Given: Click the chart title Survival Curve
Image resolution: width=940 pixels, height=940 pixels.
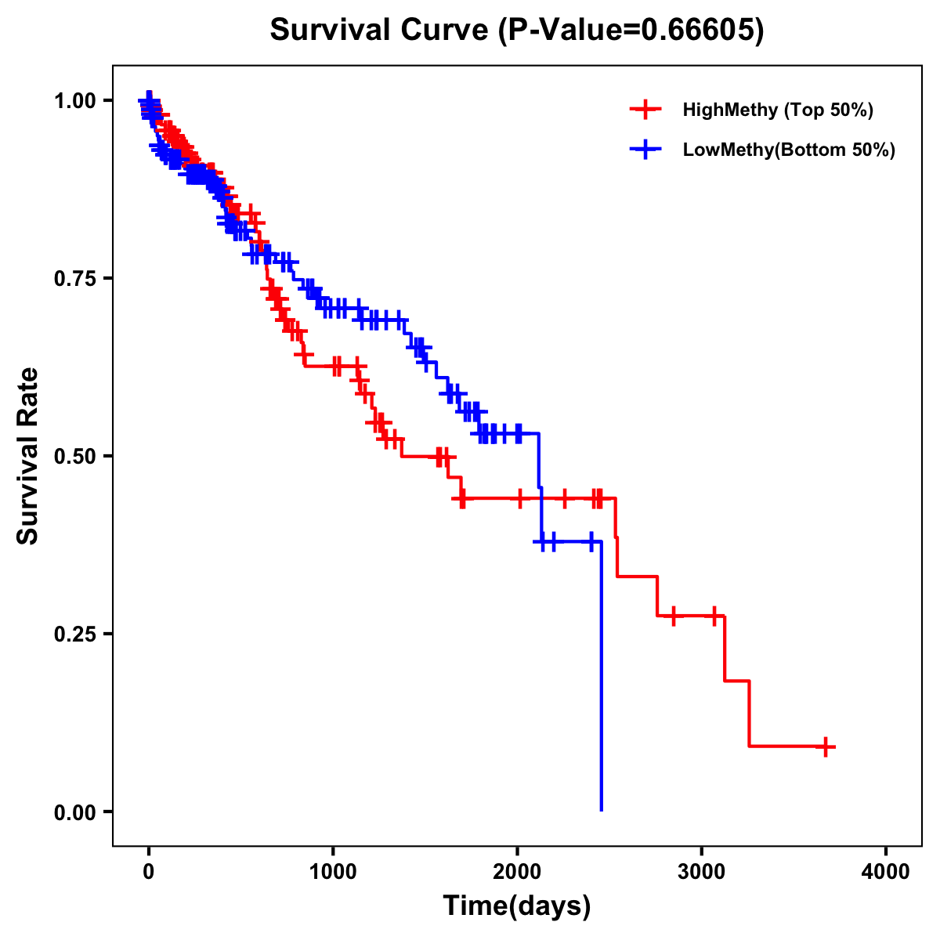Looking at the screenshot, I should [x=382, y=30].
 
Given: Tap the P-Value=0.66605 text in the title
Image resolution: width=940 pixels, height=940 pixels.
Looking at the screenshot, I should [x=632, y=30].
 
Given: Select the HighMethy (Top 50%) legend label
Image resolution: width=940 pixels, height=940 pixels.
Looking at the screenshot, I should [x=777, y=110].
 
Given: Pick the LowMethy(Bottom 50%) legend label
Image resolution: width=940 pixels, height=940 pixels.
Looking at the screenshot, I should [x=789, y=150].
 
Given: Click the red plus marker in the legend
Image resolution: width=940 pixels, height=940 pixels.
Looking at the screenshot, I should [x=645, y=110].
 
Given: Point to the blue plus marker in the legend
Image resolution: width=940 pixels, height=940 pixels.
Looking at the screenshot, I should [x=645, y=150].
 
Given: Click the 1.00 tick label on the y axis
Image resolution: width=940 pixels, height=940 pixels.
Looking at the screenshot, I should [x=74, y=100].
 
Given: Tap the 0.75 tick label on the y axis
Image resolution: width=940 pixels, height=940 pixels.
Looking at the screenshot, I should [x=74, y=278].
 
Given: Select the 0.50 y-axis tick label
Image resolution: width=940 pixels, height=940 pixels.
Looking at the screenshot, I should [x=74, y=456].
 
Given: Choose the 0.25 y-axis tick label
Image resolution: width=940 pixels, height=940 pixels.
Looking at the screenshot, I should [x=74, y=634].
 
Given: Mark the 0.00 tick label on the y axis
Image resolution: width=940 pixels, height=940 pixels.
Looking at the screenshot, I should [x=74, y=812].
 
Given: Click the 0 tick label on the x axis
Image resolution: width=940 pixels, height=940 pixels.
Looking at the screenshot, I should [x=149, y=872].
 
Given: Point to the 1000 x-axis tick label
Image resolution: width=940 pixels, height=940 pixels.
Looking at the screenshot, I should [x=333, y=872].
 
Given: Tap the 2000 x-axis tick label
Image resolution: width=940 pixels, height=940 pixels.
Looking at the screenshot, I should [x=517, y=872].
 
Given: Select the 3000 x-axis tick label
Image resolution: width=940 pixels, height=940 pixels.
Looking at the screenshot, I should [x=702, y=872].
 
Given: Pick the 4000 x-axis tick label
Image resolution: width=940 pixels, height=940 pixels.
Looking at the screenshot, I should [x=886, y=872].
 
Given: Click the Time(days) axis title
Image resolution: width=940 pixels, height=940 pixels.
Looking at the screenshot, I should [x=517, y=906].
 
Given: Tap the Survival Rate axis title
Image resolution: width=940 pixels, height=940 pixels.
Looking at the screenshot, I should [x=28, y=456].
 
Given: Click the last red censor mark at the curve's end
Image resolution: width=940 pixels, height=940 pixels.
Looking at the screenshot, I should [x=825, y=747].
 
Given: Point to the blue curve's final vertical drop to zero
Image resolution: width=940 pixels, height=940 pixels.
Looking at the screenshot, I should [x=601, y=681].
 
